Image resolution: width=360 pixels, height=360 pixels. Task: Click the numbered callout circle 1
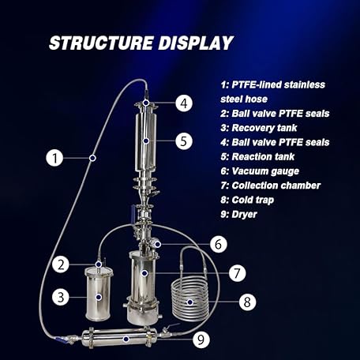(54, 158)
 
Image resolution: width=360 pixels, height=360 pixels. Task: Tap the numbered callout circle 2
(59, 263)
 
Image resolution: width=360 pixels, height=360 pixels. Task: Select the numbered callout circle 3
(59, 298)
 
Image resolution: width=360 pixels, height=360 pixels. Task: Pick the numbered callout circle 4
(182, 103)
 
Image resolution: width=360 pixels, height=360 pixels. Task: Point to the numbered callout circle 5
(182, 141)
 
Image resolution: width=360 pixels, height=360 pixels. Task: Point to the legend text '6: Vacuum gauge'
(261, 171)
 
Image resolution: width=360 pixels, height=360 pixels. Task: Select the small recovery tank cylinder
(99, 294)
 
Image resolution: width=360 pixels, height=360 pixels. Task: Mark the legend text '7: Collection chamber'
(270, 185)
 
